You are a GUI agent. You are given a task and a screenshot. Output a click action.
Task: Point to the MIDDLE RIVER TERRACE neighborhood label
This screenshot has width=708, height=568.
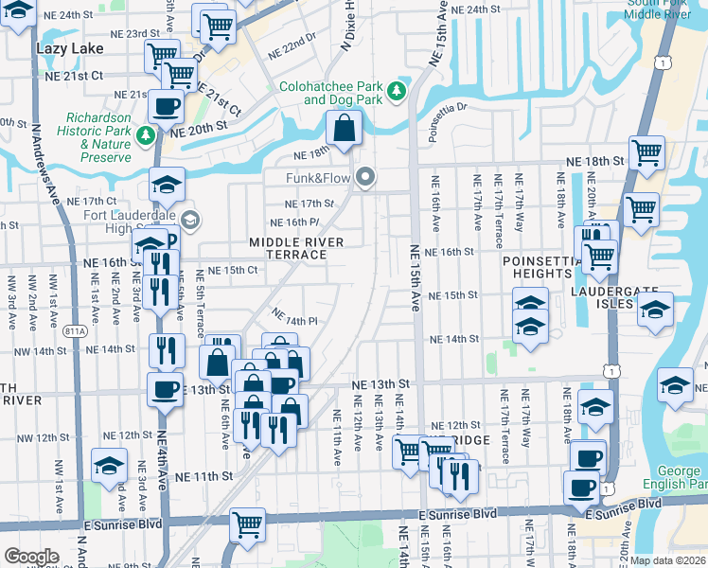coord(295,248)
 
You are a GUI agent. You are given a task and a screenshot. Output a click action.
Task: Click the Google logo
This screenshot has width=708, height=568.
coord(31,556)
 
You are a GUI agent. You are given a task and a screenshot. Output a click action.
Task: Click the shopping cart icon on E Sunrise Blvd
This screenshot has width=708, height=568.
coord(247,523)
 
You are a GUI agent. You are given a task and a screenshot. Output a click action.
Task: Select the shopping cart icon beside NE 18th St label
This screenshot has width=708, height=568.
coord(646,152)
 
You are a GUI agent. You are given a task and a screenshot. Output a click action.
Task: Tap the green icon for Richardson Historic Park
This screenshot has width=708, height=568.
coord(146,135)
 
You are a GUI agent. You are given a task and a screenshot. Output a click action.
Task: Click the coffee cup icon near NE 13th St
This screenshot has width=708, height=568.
coord(166,388)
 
